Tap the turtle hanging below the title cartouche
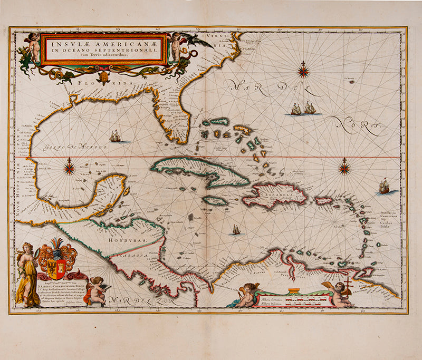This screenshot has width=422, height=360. pos(104,77)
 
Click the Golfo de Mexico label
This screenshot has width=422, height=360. pos(68,146)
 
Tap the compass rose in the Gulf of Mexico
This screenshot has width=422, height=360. pos(69,169)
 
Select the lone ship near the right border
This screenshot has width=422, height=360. pos(385,185)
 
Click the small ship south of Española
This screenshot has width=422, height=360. pos(236,230)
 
